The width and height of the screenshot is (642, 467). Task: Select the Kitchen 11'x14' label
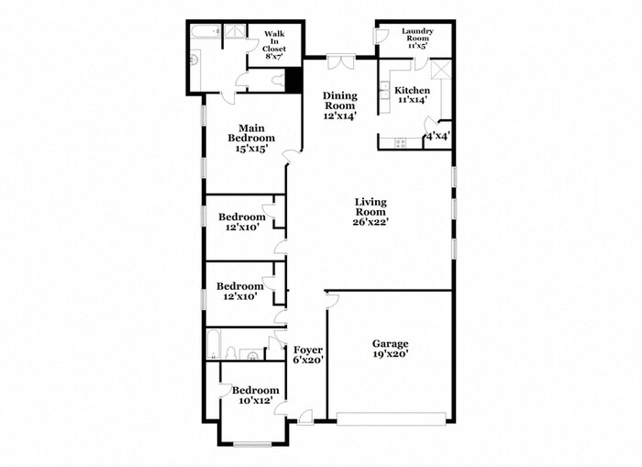pyautogui.click(x=412, y=96)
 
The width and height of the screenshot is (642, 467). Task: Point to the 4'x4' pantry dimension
pyautogui.click(x=437, y=137)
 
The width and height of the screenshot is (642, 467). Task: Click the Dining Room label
pyautogui.click(x=338, y=105)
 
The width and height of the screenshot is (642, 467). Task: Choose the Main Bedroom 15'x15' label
pyautogui.click(x=251, y=139)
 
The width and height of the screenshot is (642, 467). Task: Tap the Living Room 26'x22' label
pyautogui.click(x=371, y=211)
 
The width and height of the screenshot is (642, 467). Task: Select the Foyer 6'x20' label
pyautogui.click(x=307, y=355)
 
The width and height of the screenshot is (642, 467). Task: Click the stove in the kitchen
pyautogui.click(x=401, y=142)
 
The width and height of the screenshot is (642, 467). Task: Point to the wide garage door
pyautogui.click(x=392, y=419)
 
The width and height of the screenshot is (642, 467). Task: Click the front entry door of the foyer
pyautogui.click(x=305, y=417)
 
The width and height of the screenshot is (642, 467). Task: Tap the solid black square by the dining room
pyautogui.click(x=293, y=81)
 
